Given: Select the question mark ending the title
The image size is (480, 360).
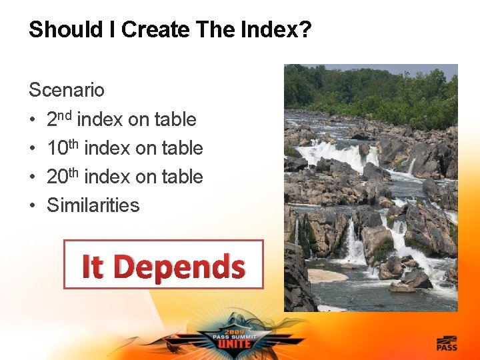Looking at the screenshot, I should click(x=305, y=30).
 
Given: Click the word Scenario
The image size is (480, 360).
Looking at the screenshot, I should click(x=66, y=89).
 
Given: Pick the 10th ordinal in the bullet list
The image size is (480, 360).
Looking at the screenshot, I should click(x=64, y=147).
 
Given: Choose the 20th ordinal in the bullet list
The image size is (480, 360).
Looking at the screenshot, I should click(x=64, y=176).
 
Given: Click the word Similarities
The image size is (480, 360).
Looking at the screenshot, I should click(x=93, y=205).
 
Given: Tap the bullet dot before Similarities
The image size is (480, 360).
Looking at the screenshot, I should click(x=33, y=205).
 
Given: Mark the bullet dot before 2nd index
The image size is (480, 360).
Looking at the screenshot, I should click(x=33, y=120).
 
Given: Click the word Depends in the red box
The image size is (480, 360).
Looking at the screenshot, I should click(x=179, y=266).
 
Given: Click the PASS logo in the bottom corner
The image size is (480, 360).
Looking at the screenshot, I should click(x=447, y=343).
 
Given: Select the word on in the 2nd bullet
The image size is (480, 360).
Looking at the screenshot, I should click(x=139, y=120).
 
